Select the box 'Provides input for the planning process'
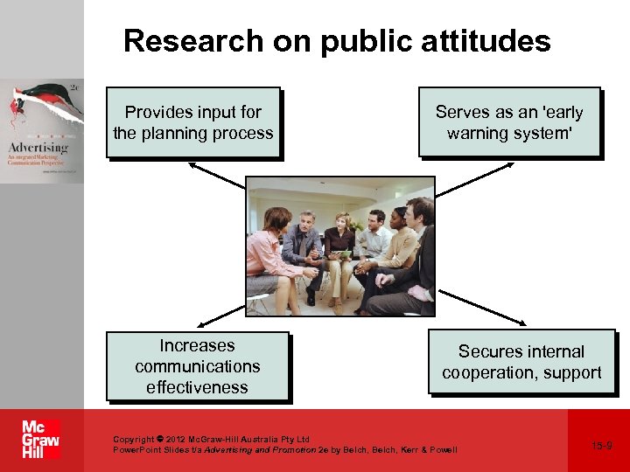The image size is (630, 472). [x=193, y=122]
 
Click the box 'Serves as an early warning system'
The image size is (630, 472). [x=509, y=122]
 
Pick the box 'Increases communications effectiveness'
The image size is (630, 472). [x=198, y=366]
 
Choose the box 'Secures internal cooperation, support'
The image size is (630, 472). [x=521, y=362]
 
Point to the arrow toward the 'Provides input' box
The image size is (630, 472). [x=215, y=176]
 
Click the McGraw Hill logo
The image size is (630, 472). [x=41, y=440]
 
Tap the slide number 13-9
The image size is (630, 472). [x=601, y=446]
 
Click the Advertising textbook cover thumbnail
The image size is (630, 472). [x=42, y=130]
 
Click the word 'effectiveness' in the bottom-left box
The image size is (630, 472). [x=198, y=387]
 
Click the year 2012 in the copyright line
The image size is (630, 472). [x=173, y=439]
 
